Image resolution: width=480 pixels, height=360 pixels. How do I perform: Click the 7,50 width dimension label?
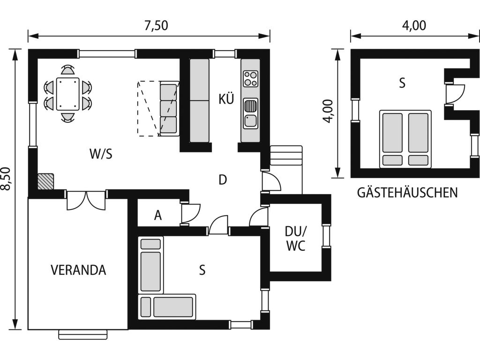[156, 26]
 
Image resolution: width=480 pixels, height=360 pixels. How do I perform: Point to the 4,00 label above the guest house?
[414, 26]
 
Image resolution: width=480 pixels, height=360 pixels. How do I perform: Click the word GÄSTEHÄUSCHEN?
[407, 193]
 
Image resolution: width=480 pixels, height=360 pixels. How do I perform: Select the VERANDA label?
[78, 270]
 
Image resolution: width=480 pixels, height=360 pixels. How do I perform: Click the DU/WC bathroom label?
[296, 239]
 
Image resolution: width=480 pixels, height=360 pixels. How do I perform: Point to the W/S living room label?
[101, 154]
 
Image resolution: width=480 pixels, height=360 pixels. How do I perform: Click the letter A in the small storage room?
[157, 215]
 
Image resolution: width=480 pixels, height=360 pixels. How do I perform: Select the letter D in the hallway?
[223, 180]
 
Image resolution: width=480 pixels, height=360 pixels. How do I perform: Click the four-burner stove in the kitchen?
[250, 79]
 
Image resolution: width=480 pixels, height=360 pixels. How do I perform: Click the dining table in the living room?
[67, 94]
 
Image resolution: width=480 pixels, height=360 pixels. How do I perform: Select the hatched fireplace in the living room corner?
[45, 181]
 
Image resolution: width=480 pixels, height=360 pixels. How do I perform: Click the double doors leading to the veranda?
[86, 201]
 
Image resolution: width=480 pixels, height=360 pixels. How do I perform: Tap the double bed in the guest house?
[405, 139]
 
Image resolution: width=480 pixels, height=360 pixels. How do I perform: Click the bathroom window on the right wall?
[326, 236]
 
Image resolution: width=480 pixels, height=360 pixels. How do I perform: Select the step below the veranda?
[83, 335]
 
